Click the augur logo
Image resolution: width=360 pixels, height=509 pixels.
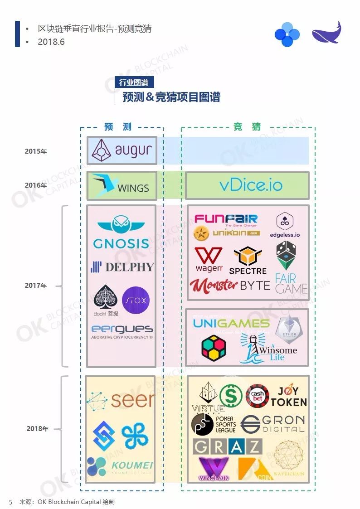click(x=122, y=150)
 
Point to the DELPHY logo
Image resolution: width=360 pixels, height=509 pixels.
click(x=122, y=267)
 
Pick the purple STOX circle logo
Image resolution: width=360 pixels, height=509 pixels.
click(x=136, y=301)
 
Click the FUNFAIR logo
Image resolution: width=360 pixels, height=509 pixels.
click(x=226, y=220)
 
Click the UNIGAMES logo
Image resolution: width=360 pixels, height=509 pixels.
click(x=231, y=324)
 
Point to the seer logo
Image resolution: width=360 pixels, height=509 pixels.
click(x=121, y=400)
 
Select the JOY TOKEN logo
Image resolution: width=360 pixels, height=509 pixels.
click(x=289, y=396)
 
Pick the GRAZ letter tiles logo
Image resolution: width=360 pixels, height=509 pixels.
click(x=227, y=446)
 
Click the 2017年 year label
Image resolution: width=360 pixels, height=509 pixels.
click(x=36, y=286)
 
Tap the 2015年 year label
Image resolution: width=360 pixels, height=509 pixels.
click(x=36, y=151)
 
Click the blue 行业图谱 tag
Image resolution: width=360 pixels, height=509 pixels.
click(x=134, y=82)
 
